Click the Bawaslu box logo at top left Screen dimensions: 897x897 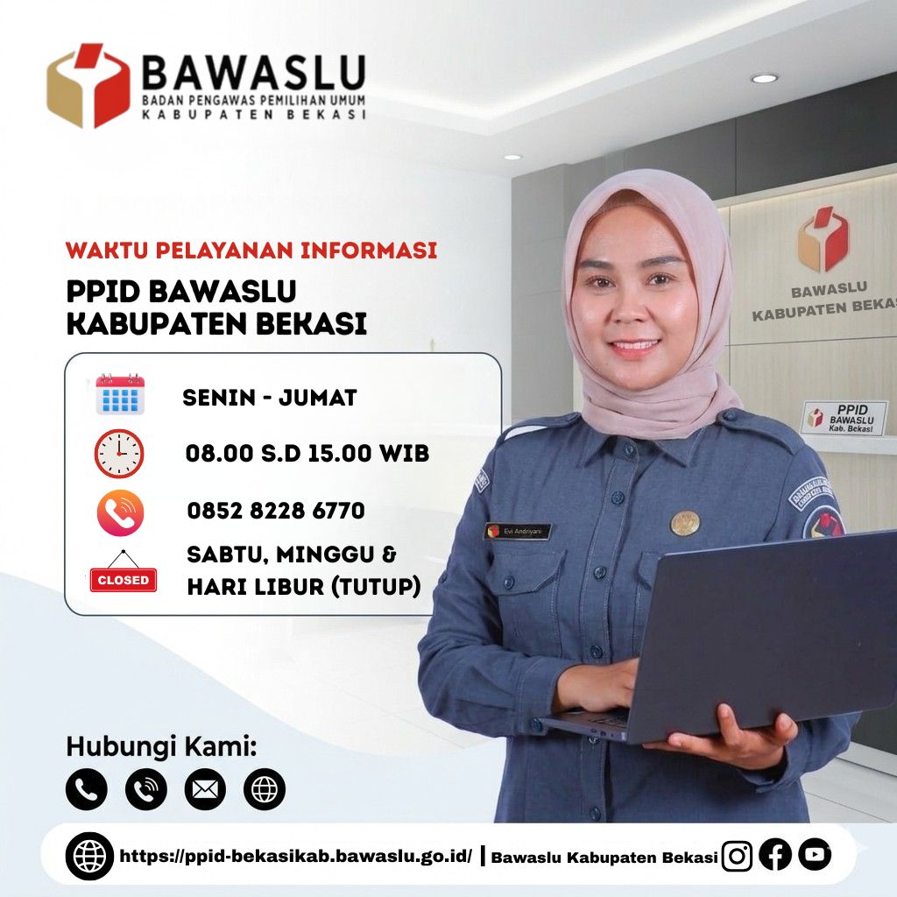pos(88,85)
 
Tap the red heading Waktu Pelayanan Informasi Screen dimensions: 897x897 pos(251,251)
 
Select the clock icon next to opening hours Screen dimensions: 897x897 pos(119,453)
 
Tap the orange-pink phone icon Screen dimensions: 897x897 pos(120,512)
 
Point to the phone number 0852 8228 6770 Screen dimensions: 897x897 pos(276,511)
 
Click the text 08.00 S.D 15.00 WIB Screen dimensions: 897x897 pos(307,453)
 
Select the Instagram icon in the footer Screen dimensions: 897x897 pos(737,856)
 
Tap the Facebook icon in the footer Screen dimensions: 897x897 pos(775,855)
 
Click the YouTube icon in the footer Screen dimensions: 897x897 pos(815,855)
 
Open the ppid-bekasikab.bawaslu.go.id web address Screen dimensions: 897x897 pos(296,856)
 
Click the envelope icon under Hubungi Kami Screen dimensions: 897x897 pos(205,789)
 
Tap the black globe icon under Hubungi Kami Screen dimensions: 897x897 pos(265,789)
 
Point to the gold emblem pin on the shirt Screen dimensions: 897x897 pos(685,522)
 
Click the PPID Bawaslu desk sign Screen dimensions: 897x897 pos(844,418)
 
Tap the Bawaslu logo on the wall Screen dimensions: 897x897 pos(823,239)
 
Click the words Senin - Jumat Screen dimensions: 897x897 pos(270,398)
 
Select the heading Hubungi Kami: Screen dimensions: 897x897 pos(161,746)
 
